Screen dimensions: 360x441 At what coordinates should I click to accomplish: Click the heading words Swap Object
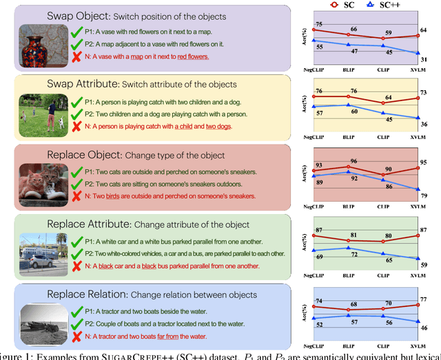78,16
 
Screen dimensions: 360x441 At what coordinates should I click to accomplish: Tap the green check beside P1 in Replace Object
76,172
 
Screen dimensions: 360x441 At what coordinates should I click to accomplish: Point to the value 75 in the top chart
318,25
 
